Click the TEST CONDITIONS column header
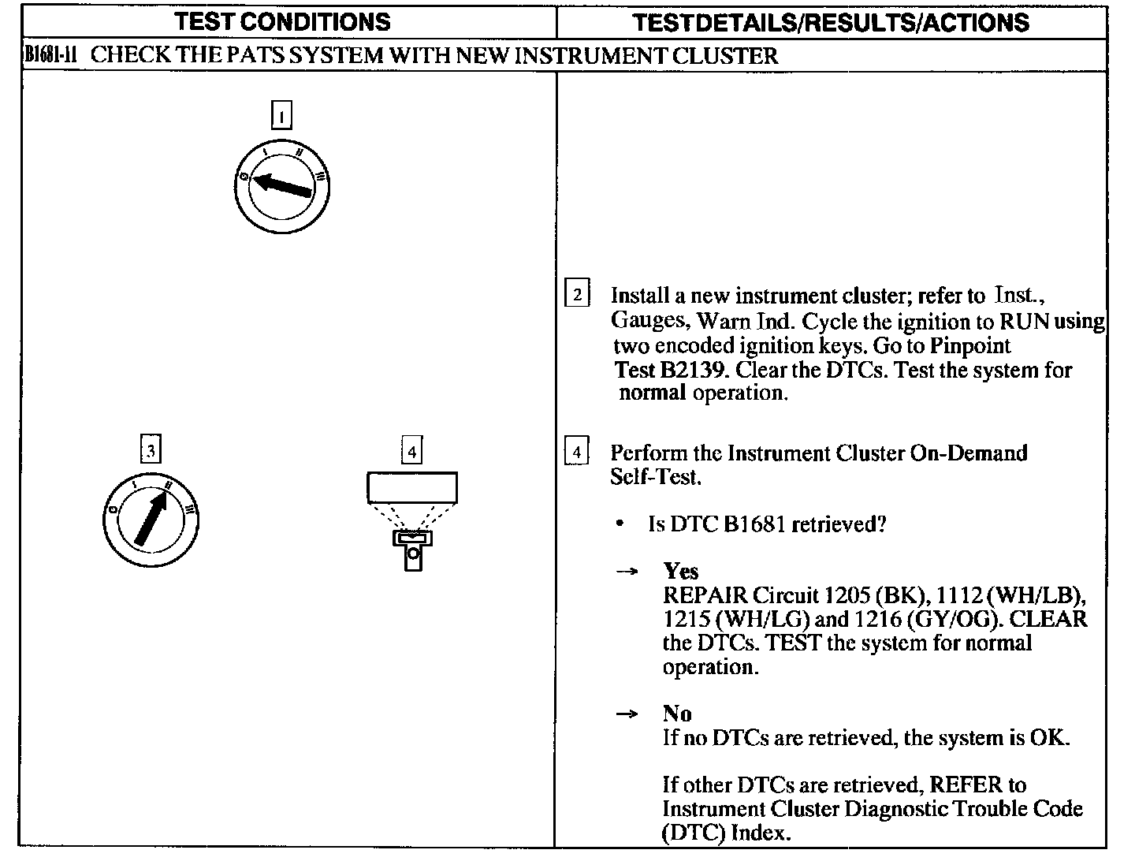[x=282, y=21]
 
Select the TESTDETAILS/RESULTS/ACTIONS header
[x=831, y=22]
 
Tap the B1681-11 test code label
[x=49, y=56]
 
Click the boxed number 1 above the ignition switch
[x=281, y=116]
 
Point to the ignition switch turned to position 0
[x=281, y=187]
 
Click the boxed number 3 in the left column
[x=150, y=450]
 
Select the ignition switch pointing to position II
[x=151, y=520]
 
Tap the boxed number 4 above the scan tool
[x=411, y=451]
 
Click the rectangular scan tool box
[x=411, y=487]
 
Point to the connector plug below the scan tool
[x=412, y=548]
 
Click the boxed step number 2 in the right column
[x=577, y=295]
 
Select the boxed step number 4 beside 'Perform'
[x=577, y=453]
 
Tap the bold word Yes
[x=680, y=571]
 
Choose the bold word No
[x=677, y=714]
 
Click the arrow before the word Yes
[x=626, y=573]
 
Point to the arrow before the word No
[x=626, y=714]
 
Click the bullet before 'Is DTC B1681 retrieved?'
[x=622, y=524]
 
